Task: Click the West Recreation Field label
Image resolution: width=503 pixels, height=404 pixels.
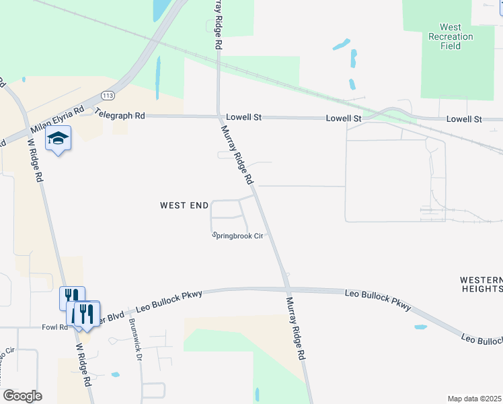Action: click(451, 36)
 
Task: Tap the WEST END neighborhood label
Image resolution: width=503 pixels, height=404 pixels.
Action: click(184, 205)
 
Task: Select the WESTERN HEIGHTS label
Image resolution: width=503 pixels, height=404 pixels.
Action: click(481, 284)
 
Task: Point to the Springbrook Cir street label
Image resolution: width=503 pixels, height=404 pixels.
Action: click(237, 236)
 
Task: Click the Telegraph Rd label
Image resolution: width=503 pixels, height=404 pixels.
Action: click(120, 114)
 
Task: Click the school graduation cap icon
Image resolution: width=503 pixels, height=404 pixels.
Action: click(58, 139)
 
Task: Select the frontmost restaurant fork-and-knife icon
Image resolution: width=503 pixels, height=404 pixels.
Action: click(87, 312)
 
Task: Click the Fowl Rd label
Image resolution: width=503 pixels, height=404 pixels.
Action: click(54, 327)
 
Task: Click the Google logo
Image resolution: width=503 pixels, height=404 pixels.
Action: click(22, 396)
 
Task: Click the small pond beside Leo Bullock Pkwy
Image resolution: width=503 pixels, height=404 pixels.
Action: click(420, 327)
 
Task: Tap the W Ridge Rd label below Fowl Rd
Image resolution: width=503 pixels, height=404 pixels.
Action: click(83, 364)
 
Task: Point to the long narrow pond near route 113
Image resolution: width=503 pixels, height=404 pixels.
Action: click(159, 77)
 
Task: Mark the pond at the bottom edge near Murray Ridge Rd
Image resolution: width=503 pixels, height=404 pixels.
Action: click(257, 395)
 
